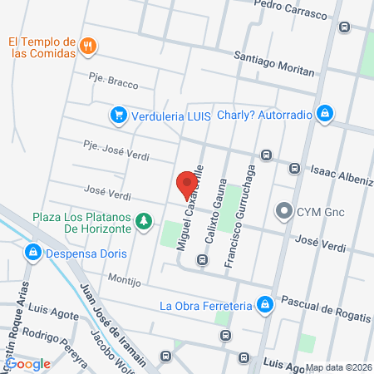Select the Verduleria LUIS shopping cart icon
click(119, 115)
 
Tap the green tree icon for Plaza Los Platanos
click(144, 221)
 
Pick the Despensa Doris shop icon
click(33, 251)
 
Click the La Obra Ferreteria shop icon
click(264, 305)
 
